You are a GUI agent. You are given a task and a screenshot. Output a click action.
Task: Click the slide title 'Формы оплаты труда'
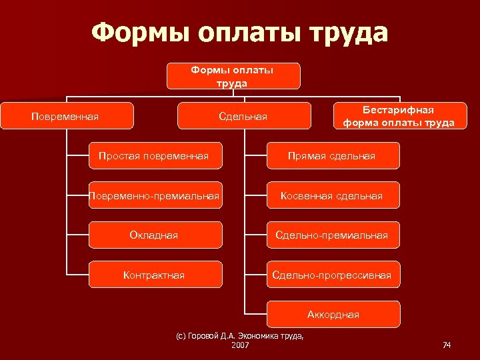[x=239, y=32]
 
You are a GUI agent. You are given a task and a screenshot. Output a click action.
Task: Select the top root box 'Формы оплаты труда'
[x=233, y=76]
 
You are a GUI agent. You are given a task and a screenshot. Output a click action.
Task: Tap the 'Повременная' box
[x=66, y=116]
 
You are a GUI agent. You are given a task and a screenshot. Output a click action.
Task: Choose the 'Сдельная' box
[x=243, y=116]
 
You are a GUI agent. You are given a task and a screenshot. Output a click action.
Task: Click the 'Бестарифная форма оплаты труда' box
[x=399, y=115]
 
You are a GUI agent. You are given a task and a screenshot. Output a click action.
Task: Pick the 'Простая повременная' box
[x=155, y=156]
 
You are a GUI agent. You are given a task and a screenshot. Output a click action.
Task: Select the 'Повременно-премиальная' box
[x=155, y=195]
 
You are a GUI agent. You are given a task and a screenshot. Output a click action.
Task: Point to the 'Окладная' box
[x=155, y=235]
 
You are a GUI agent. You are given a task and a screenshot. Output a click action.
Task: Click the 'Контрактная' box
[x=155, y=275]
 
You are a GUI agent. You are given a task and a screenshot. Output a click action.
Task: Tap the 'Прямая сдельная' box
[x=332, y=156]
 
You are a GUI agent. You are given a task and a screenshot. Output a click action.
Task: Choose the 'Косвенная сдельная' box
[x=332, y=195]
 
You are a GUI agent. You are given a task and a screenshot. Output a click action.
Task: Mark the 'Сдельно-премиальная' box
[x=332, y=235]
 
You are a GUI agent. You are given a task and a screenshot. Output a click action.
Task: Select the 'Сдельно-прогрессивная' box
[x=332, y=275]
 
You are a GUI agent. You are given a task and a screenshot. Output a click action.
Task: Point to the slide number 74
[x=447, y=345]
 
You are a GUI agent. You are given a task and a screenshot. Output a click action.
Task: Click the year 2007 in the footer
[x=239, y=345]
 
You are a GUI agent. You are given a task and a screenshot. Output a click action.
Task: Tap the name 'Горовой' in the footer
[x=204, y=336]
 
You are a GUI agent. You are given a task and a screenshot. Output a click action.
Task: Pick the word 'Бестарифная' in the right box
[x=398, y=109]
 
